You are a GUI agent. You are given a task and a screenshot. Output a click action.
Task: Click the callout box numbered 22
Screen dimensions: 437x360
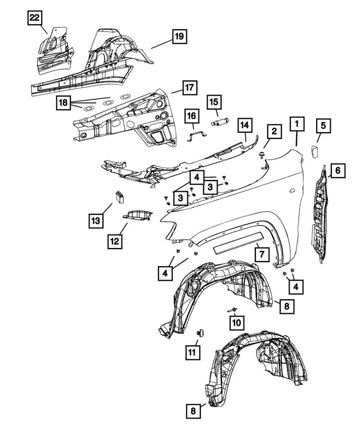tap(35, 19)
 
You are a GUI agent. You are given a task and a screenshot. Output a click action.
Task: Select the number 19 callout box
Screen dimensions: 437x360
tap(178, 38)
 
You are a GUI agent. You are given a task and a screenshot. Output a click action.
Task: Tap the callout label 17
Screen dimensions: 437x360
tap(189, 88)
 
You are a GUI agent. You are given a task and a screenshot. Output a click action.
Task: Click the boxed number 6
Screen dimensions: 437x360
tap(337, 169)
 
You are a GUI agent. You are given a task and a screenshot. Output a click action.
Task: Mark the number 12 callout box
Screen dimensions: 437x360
tap(115, 241)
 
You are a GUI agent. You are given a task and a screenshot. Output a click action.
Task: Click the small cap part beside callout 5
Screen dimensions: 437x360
tap(314, 151)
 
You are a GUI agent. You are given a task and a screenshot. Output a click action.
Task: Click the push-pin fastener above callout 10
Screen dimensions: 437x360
tap(231, 310)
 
